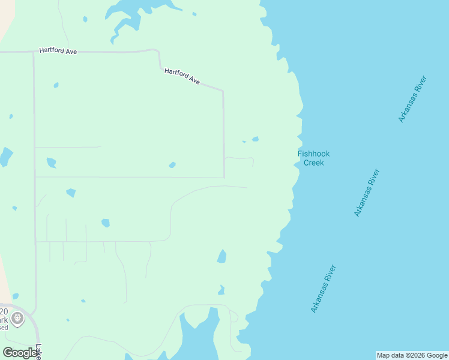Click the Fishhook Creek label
tap(313, 158)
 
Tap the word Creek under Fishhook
tap(313, 163)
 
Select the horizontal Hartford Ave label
tap(58, 51)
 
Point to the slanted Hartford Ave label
tap(182, 76)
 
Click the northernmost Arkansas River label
tap(412, 99)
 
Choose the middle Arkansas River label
tap(367, 193)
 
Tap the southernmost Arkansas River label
tap(324, 289)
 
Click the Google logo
tap(20, 353)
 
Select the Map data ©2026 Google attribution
tap(412, 355)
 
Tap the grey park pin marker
tap(17, 318)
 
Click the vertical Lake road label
tap(38, 352)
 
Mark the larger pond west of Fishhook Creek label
tap(256, 139)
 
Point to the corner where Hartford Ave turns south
tap(223, 92)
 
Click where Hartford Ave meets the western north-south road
tap(34, 52)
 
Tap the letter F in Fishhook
tap(300, 154)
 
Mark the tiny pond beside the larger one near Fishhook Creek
tap(244, 142)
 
